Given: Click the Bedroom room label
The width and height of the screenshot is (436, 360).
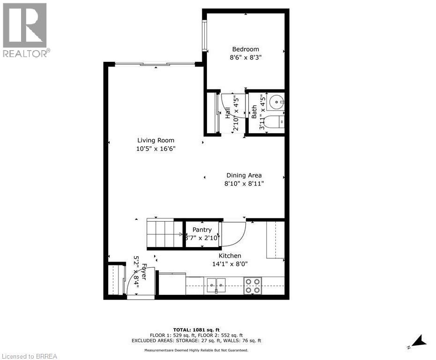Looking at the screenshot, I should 245,49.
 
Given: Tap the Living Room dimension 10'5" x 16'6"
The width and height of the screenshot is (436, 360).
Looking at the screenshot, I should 156,149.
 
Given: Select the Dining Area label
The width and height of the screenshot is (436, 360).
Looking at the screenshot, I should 244,175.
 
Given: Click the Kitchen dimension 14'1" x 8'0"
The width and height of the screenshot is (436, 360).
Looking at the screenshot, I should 230,263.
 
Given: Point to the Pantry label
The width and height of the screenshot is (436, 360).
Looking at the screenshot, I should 202,230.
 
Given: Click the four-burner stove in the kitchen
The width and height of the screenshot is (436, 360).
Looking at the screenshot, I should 253,285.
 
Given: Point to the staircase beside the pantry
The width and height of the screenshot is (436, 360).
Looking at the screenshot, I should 164,233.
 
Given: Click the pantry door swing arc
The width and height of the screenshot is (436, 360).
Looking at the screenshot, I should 236,233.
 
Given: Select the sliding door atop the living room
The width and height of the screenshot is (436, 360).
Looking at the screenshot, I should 155,64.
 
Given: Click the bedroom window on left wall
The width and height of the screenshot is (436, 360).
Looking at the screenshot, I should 205,35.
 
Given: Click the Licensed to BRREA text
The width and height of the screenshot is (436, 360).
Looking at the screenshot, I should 29,356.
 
